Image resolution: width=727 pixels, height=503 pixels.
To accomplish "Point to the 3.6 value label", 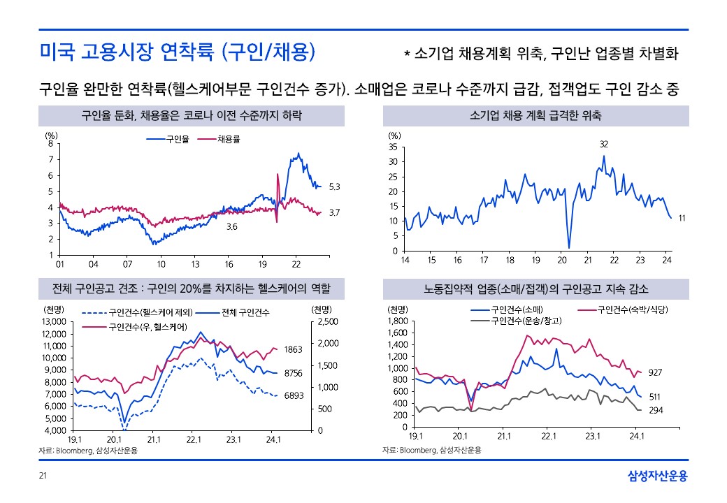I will click(x=231, y=227).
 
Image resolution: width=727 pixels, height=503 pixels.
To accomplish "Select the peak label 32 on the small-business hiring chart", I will click(x=604, y=144).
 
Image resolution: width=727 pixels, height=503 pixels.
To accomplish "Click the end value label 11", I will click(x=682, y=219).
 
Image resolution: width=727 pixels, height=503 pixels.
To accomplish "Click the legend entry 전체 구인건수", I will click(x=245, y=312).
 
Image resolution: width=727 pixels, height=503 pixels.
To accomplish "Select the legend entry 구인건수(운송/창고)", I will click(x=527, y=321).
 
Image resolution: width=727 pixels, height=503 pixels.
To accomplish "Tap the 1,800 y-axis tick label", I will click(x=397, y=321).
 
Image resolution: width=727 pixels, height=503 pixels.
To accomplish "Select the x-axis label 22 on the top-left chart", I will click(x=296, y=264).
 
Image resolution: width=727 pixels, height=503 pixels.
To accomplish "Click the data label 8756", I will click(x=293, y=374).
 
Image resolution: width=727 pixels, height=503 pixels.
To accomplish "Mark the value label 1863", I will click(x=293, y=348).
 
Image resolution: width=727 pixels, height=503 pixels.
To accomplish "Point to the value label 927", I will click(x=656, y=372).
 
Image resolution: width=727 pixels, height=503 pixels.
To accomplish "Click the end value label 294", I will click(x=656, y=410).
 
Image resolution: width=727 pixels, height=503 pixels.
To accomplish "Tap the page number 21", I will click(x=42, y=476).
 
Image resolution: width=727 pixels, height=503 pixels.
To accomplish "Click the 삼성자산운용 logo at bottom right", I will click(x=657, y=476).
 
